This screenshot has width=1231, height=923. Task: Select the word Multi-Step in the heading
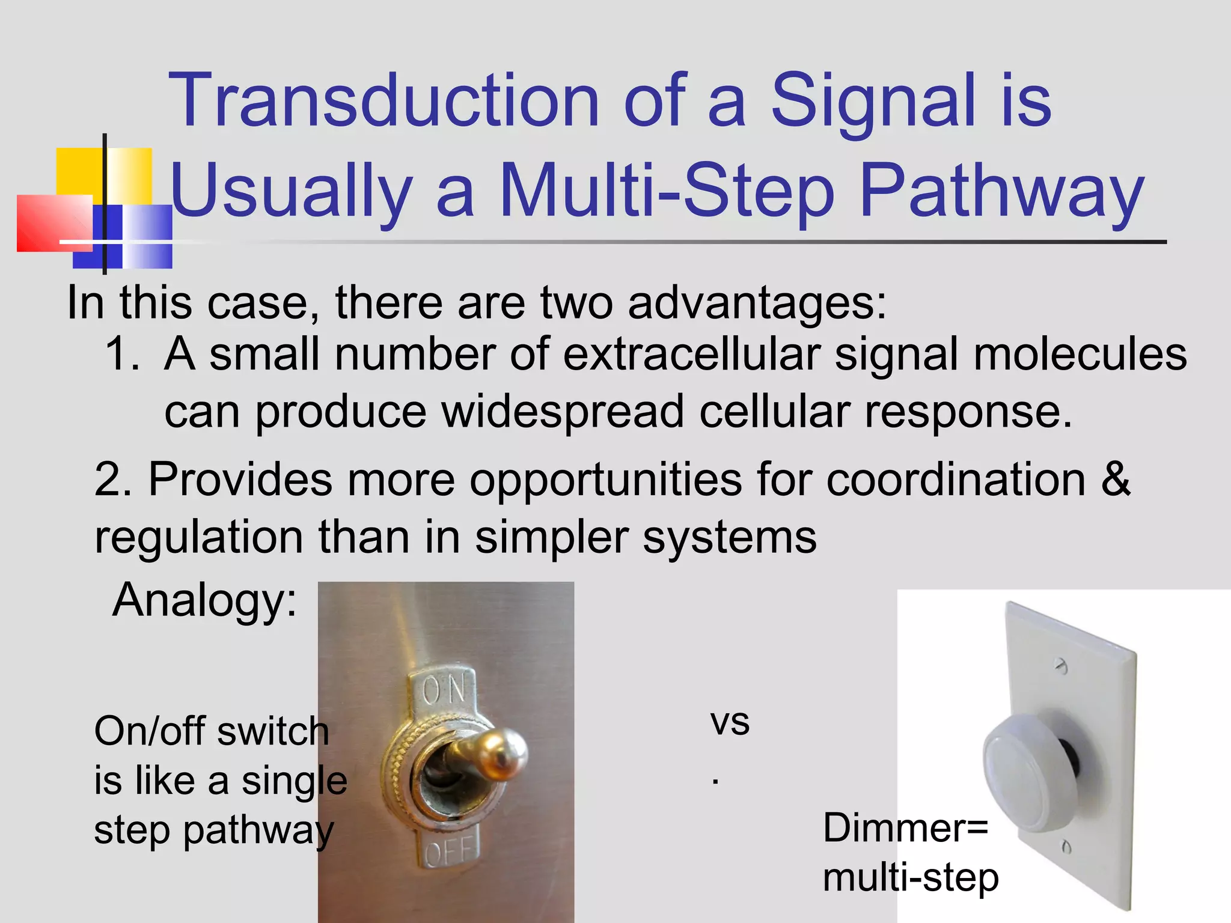tap(667, 191)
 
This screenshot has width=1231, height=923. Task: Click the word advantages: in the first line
tap(757, 302)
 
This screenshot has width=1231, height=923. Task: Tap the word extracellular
tap(691, 354)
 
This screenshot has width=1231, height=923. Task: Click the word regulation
tap(198, 537)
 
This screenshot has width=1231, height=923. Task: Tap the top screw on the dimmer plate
tap(1061, 665)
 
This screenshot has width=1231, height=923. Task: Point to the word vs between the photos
tap(730, 722)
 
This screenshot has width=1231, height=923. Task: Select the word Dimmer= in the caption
tap(905, 829)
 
